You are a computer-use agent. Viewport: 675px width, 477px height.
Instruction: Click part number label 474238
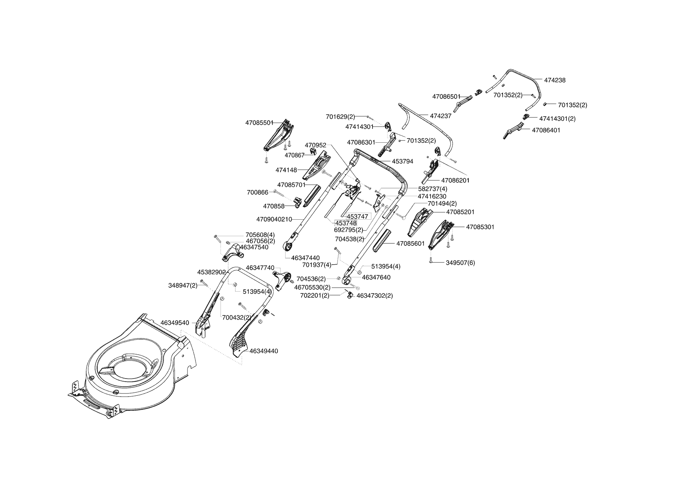point(555,80)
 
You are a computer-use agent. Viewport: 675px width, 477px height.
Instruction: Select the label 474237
point(440,116)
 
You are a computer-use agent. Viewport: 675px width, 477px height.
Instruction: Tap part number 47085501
point(259,123)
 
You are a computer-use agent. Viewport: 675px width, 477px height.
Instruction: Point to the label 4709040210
point(274,219)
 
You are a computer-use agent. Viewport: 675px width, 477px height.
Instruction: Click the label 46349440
point(264,351)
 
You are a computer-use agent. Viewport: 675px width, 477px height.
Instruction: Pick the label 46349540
point(175,323)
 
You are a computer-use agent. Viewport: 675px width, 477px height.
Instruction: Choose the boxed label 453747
point(358,217)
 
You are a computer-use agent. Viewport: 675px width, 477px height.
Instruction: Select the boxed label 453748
point(346,223)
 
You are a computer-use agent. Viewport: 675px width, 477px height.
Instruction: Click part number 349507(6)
point(460,263)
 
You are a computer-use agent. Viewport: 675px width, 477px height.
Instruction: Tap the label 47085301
point(480,227)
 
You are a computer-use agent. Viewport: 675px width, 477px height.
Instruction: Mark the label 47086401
point(546,130)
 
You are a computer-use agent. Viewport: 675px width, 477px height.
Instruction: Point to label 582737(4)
point(433,189)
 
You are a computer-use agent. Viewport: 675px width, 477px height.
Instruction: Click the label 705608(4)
point(260,235)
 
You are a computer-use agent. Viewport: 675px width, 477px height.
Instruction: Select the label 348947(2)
point(183,285)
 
